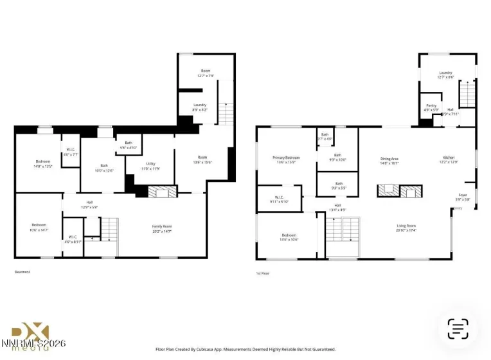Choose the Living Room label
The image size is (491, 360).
click(406, 228)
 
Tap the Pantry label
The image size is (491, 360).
click(431, 107)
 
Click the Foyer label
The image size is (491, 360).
click(463, 197)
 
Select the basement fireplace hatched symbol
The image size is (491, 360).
click(163, 191)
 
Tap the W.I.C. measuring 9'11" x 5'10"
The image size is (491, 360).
click(280, 199)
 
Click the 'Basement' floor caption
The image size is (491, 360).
click(22, 272)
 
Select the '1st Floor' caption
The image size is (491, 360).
click(262, 273)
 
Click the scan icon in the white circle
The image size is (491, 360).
click(458, 328)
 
